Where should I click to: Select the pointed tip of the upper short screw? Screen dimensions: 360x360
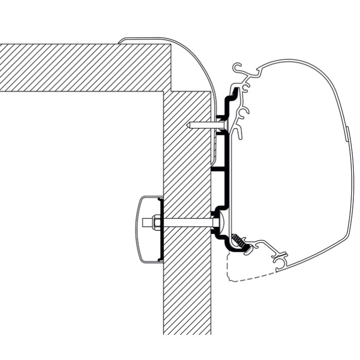click(188, 125)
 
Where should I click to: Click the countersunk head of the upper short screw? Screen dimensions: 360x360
click(224, 125)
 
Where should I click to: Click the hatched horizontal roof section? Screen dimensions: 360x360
click(82, 67)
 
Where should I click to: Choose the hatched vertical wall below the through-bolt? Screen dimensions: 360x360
click(187, 288)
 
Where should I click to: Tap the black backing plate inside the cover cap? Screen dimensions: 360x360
click(161, 229)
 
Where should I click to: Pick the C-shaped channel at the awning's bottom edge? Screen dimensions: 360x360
click(282, 262)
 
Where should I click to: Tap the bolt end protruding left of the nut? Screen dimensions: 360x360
click(145, 223)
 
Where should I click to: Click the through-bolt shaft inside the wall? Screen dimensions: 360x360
click(188, 223)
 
